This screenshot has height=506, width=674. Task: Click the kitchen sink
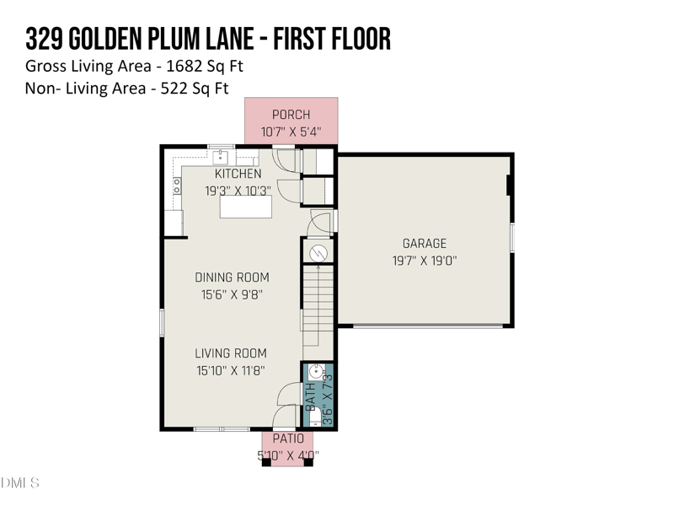point(222,157)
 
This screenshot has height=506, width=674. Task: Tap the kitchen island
point(245,207)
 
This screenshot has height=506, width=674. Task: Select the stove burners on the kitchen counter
point(176,186)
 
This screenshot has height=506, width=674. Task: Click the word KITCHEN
point(238,174)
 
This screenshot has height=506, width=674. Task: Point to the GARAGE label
point(424,244)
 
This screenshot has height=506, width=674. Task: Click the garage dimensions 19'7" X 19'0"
point(424,261)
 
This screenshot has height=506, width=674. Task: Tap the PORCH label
point(291,115)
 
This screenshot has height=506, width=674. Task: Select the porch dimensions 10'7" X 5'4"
point(291,132)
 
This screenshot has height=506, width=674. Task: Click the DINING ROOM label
point(232,277)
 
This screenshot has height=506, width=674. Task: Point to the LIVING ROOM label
point(231,353)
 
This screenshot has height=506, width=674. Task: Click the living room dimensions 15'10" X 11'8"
point(231,370)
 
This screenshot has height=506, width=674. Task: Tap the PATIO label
point(287,439)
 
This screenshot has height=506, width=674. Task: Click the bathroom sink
point(313,372)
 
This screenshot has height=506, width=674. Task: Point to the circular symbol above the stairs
point(318,251)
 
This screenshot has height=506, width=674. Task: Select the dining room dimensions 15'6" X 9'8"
point(232,294)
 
